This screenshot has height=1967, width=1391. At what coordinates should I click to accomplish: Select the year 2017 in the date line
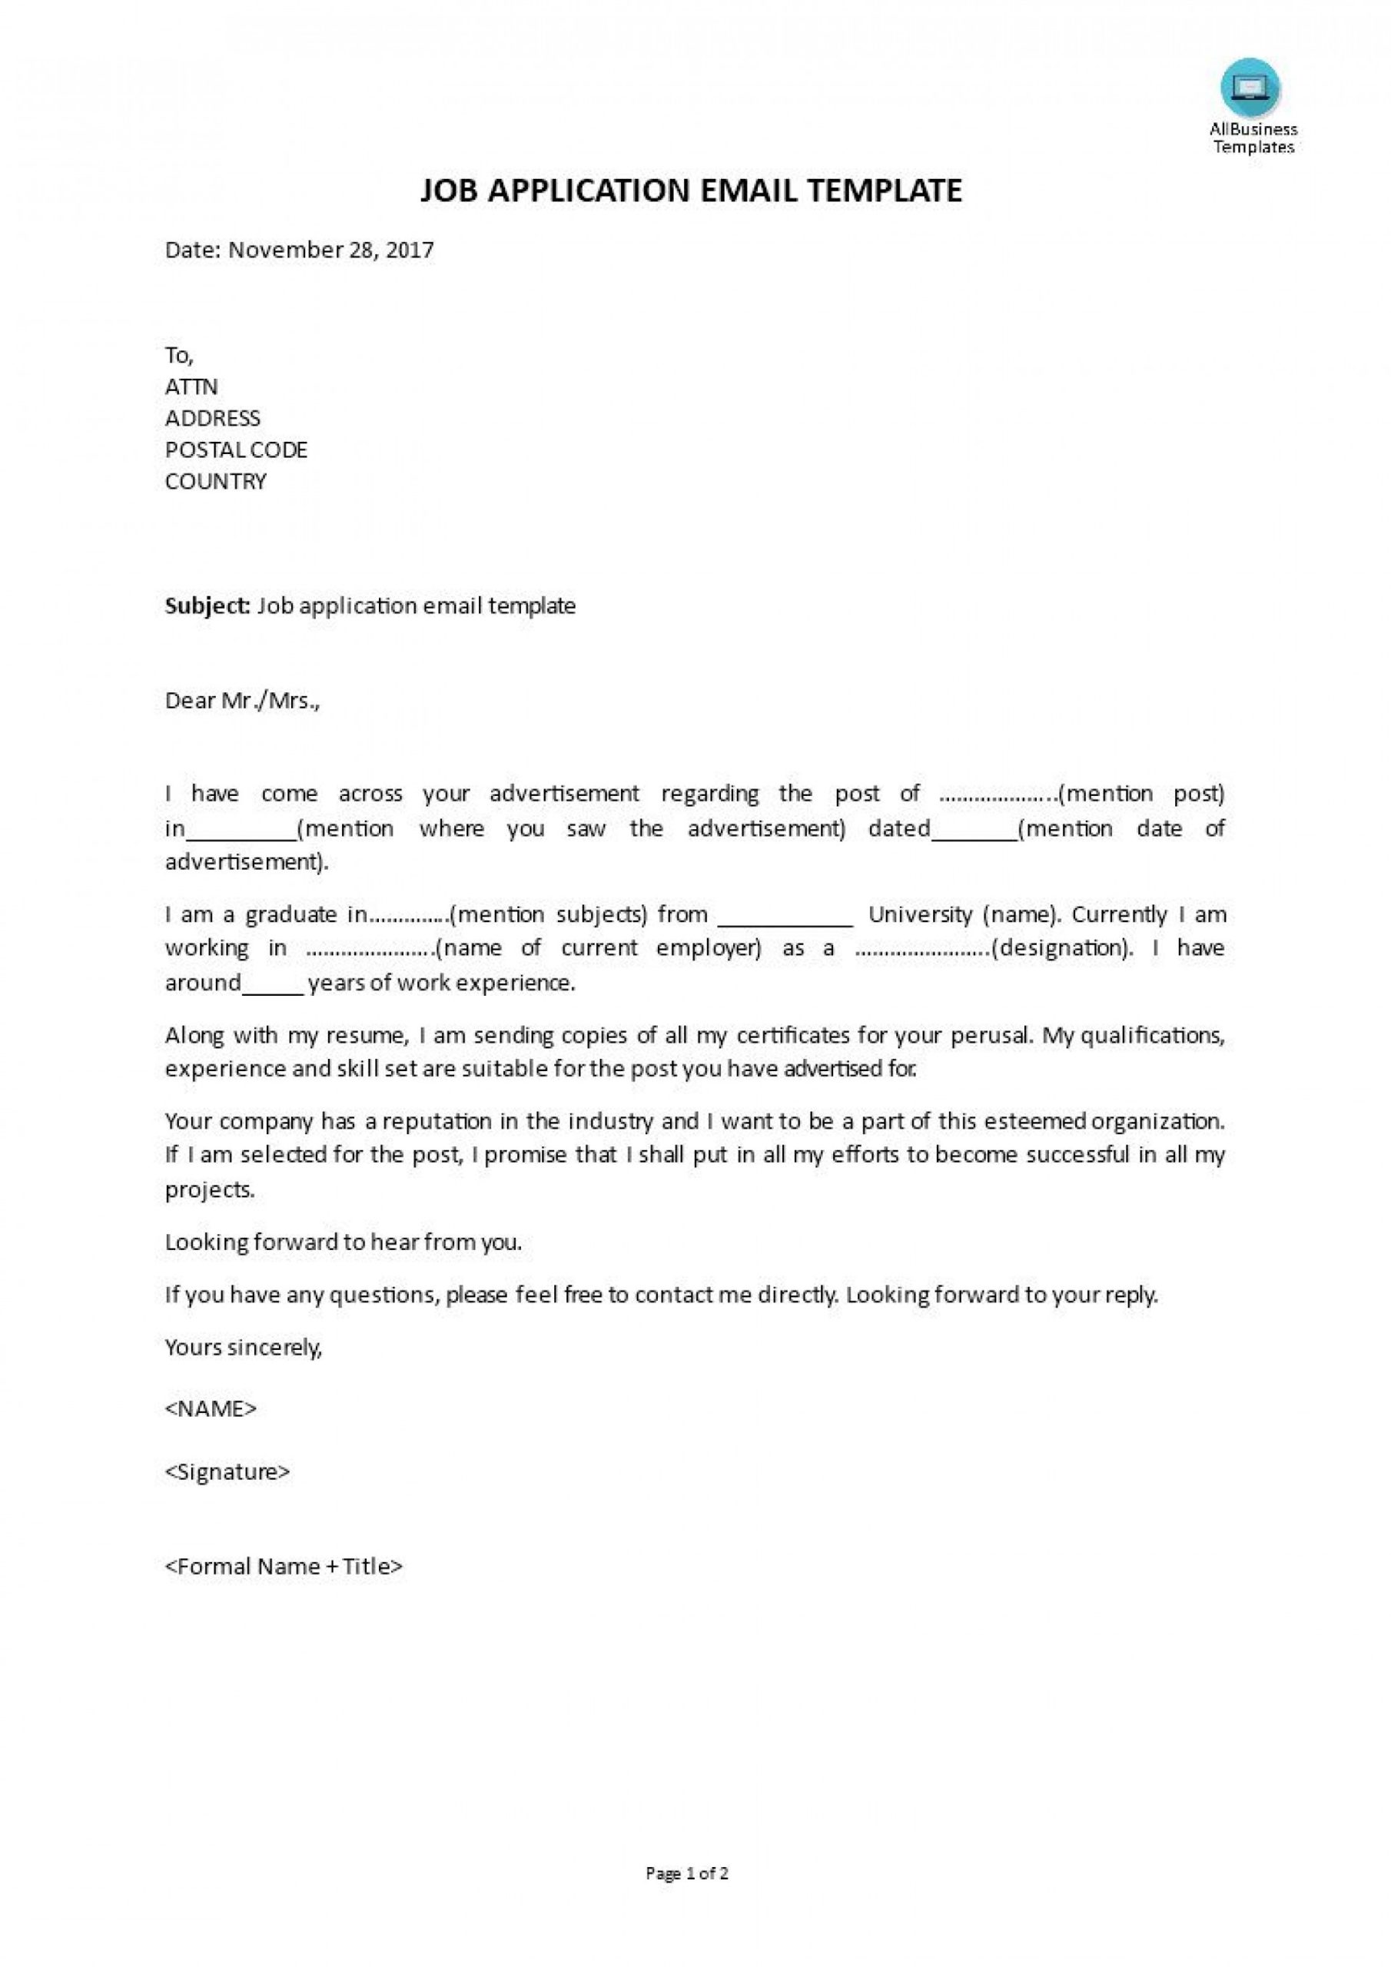[x=410, y=250]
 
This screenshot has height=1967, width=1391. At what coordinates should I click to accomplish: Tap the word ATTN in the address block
[x=191, y=386]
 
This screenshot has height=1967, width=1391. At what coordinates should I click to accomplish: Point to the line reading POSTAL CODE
[x=236, y=449]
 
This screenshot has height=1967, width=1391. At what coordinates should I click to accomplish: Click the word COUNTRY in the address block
[x=215, y=482]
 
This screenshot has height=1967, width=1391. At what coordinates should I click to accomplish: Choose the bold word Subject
[x=207, y=606]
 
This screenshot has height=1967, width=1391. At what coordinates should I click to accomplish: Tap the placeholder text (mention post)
[x=1143, y=793]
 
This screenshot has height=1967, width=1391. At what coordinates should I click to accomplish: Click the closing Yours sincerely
[x=244, y=1348]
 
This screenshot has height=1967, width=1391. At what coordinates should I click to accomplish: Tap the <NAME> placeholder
[x=211, y=1409]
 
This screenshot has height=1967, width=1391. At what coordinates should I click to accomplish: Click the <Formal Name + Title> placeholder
[x=284, y=1566]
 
